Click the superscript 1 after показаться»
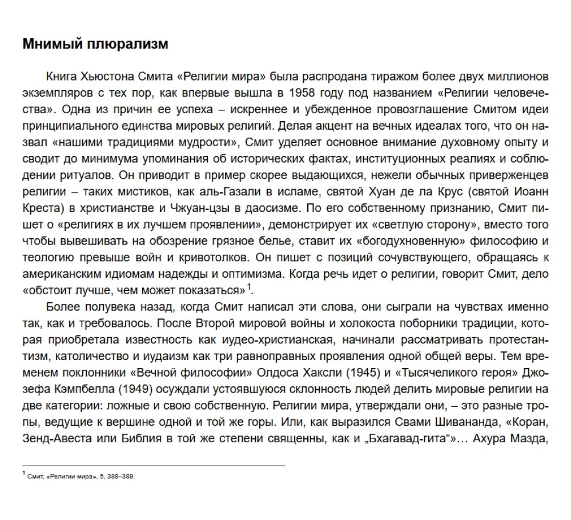coord(250,286)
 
